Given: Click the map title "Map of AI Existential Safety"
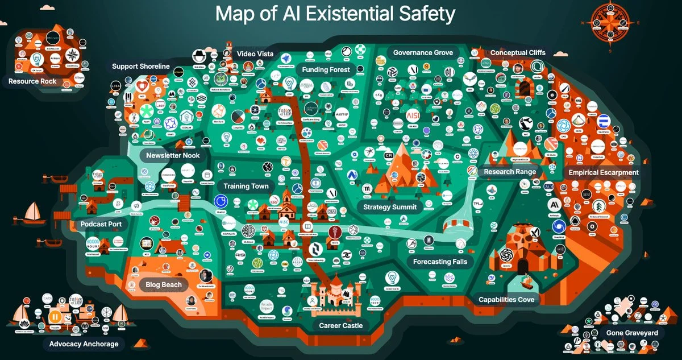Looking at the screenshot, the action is (x=335, y=14).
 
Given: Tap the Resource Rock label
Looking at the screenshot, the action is (x=32, y=81).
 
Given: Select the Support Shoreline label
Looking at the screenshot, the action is (x=140, y=67).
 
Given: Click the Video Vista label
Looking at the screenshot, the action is (x=255, y=54).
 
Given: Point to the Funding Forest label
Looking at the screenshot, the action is (x=326, y=69).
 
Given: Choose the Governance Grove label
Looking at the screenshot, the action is (x=423, y=53).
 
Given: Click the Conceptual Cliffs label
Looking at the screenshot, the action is (x=518, y=53).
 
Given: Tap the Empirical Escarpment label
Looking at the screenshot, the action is (x=604, y=172).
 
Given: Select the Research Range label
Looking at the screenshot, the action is (x=510, y=172).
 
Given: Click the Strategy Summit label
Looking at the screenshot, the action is (x=390, y=207).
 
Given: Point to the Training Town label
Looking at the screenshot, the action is (x=246, y=186).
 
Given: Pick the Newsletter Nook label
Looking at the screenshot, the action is (x=173, y=155).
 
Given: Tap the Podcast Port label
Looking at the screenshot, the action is (x=101, y=224).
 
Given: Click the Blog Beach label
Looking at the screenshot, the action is (x=164, y=284).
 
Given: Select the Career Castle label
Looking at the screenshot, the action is (x=341, y=326).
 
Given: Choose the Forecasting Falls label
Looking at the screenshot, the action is (x=440, y=262).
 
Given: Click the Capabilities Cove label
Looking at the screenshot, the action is (x=506, y=300).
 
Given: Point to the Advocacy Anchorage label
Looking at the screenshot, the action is (x=84, y=344).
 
